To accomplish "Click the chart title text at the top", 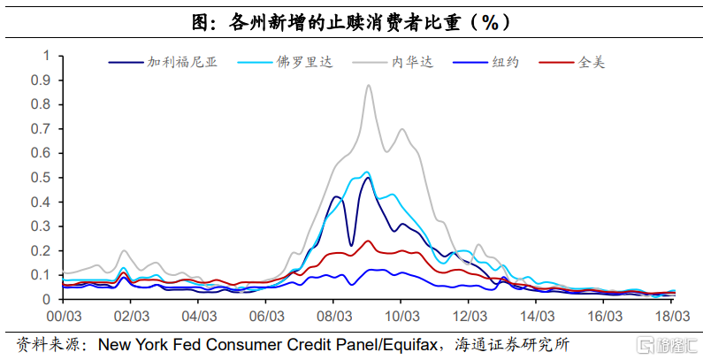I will pos(351,19).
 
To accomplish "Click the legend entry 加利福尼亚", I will pos(181,62).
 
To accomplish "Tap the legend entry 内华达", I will pos(413,62).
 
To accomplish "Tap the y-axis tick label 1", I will pos(47,55).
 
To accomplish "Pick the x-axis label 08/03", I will pos(332,315).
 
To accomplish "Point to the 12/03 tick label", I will pos(469,315).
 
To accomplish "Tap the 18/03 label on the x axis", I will pos(671,315).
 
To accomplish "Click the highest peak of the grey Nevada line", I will pos(369,85).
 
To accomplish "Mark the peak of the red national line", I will pos(368,241).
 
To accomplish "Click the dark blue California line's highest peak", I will pos(367,178).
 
